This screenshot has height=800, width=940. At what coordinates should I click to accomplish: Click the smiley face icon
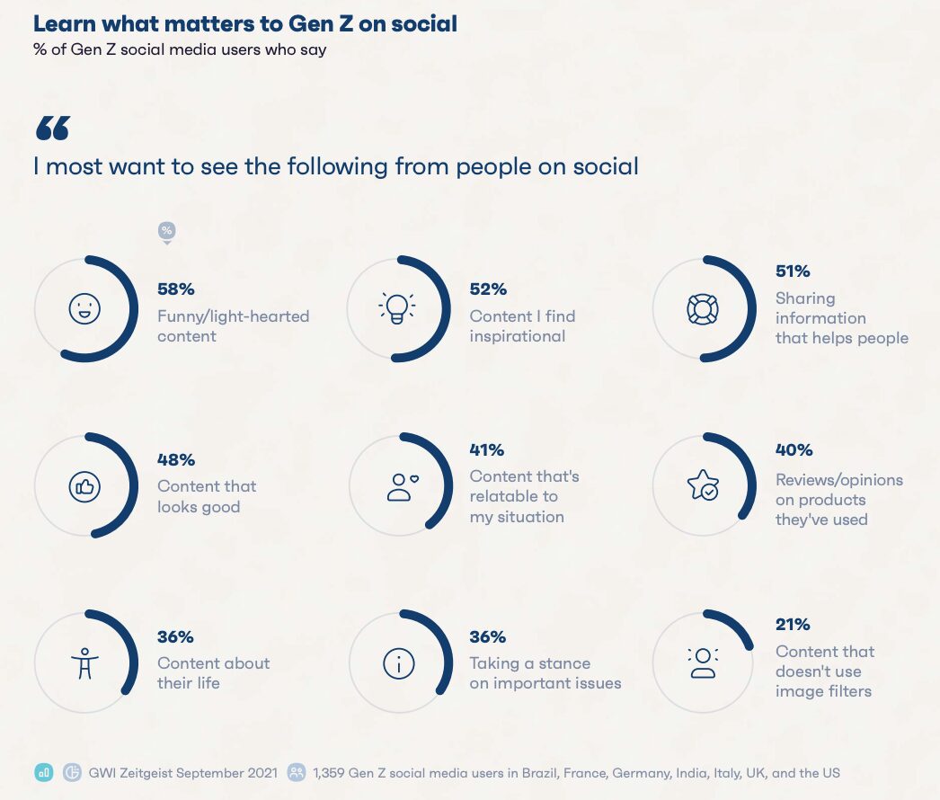pos(84,309)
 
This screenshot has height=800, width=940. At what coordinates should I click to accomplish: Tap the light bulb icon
pos(396,308)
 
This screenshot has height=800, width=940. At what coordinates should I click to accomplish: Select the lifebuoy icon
pos(702,308)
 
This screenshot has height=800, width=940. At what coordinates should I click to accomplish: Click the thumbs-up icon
pos(84,486)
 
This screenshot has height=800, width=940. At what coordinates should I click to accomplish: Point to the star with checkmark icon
pos(702,485)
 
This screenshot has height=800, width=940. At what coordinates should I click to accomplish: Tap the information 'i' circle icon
pos(398,663)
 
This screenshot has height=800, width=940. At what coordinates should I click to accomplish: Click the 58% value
pos(176,289)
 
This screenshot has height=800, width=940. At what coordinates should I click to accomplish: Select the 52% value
pos(488,289)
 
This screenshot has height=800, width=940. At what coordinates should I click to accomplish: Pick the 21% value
pos(793,625)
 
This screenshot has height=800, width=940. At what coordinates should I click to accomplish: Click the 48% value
pos(176,459)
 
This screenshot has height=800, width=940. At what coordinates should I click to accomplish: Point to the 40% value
pos(794,449)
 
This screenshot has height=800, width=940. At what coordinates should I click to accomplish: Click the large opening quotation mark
pos(52,129)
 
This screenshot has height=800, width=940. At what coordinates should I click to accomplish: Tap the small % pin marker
pos(166,232)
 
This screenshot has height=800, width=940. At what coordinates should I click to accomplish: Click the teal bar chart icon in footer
pos(44,772)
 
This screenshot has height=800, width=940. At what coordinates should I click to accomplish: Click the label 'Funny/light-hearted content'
pos(233,326)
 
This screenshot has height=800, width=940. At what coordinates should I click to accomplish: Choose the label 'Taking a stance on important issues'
pos(545,673)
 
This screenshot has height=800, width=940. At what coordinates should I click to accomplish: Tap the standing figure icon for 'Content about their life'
pos(84,663)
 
